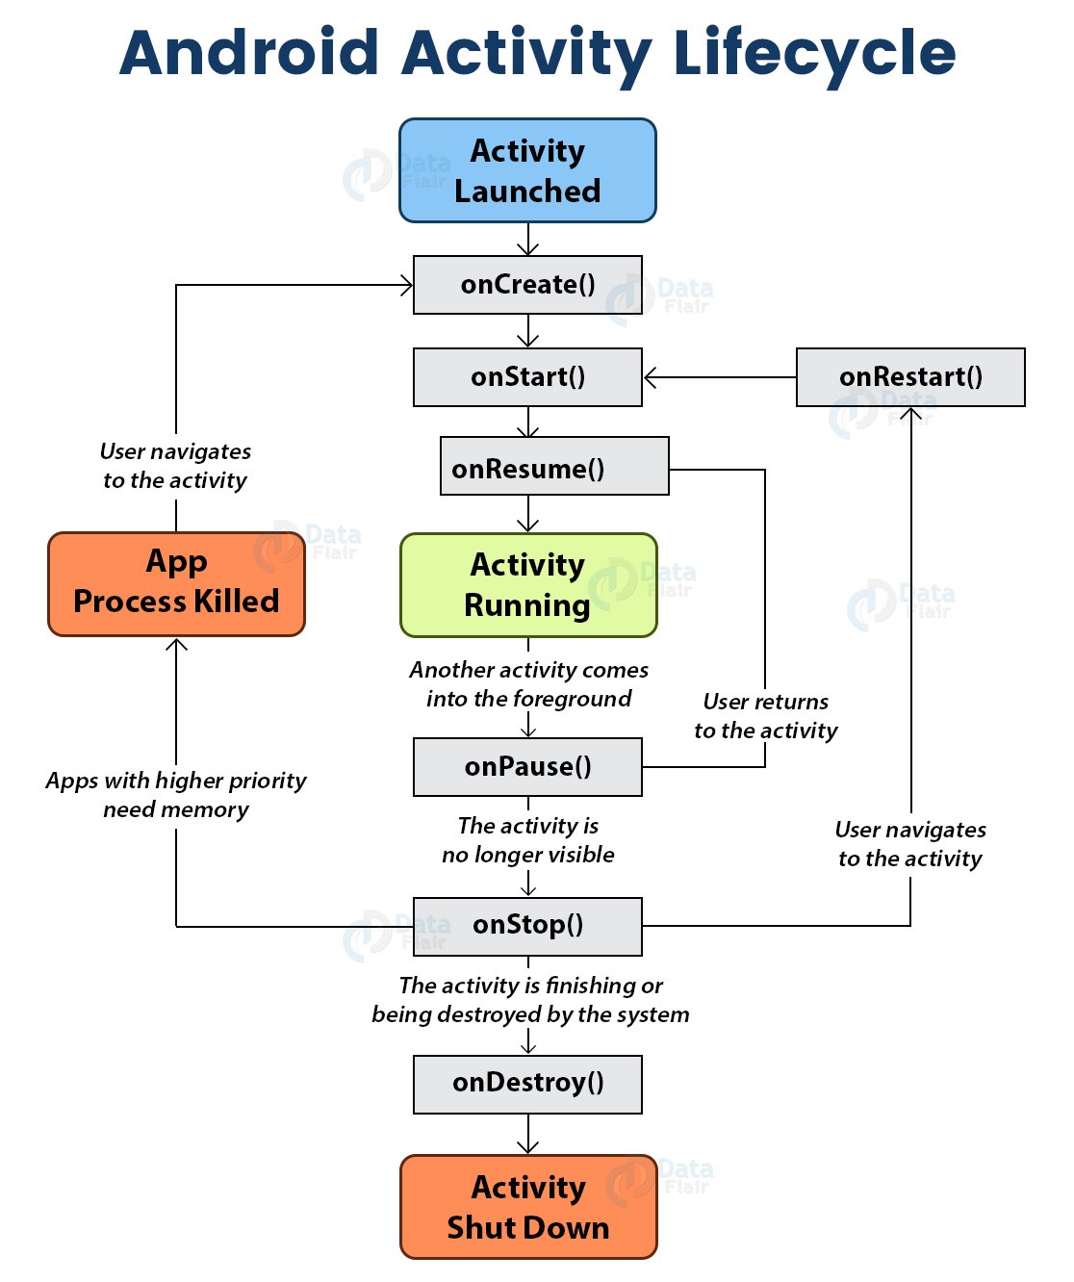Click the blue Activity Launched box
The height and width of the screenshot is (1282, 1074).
(x=527, y=170)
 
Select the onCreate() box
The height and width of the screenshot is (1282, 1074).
(x=527, y=285)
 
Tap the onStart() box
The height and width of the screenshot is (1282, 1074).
(x=527, y=377)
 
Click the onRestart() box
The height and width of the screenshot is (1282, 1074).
(x=910, y=377)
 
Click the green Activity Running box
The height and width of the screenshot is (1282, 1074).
(x=528, y=585)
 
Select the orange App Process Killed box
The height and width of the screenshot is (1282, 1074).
(x=176, y=584)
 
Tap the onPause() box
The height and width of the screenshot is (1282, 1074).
(x=527, y=767)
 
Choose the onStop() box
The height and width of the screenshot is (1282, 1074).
(x=527, y=926)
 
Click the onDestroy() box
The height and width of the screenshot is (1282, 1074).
(x=527, y=1084)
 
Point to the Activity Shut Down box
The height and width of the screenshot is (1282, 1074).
(x=528, y=1207)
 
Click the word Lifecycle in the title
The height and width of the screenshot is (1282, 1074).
(x=814, y=53)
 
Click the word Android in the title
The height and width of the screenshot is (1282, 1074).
(x=249, y=53)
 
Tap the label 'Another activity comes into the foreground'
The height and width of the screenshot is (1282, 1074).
(x=528, y=684)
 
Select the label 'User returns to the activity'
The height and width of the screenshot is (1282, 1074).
(x=766, y=716)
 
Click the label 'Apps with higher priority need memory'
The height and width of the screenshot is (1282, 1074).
(x=176, y=795)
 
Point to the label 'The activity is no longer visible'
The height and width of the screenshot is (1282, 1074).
(x=528, y=840)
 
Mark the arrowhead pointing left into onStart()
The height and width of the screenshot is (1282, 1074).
(x=651, y=378)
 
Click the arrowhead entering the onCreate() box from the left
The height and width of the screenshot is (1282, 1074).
(x=407, y=285)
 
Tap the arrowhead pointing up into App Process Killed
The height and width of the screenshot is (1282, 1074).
(x=176, y=644)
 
